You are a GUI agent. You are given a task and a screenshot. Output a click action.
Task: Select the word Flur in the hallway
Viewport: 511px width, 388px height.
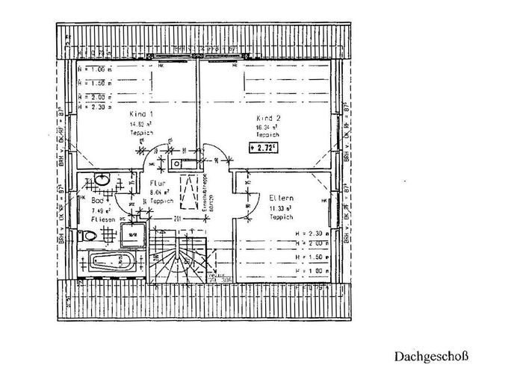158,183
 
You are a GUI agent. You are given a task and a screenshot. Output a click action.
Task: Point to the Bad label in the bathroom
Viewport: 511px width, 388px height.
98,201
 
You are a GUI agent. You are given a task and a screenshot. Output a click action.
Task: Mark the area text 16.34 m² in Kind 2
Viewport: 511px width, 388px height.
266,128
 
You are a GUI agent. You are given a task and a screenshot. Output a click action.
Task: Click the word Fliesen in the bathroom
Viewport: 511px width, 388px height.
102,221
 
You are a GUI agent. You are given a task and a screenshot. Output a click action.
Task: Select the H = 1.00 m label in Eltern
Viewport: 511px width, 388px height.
309,269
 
